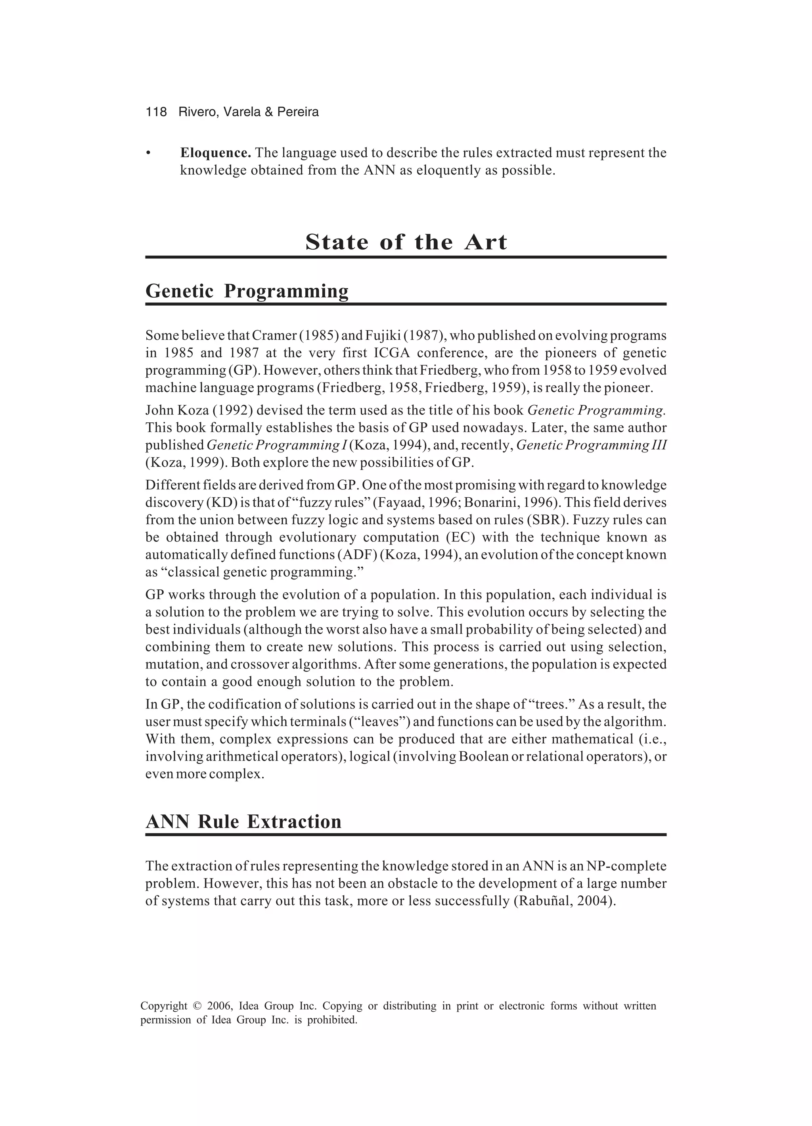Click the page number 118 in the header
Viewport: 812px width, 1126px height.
pyautogui.click(x=156, y=112)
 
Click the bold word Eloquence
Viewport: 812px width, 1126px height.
pyautogui.click(x=215, y=152)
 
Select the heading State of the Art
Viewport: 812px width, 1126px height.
pyautogui.click(x=406, y=242)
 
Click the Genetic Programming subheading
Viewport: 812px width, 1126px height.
pyautogui.click(x=247, y=291)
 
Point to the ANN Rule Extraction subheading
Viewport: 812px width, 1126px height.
pyautogui.click(x=243, y=822)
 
